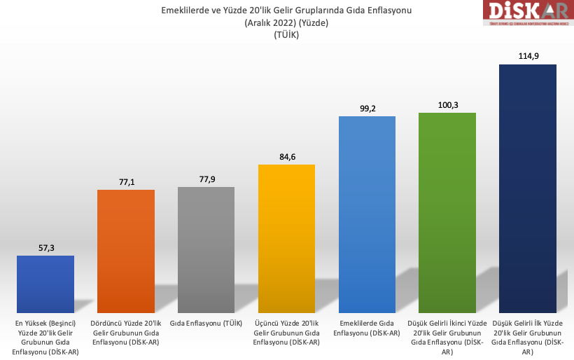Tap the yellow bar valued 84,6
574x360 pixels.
pyautogui.click(x=286, y=238)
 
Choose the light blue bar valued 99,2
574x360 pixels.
pyautogui.click(x=367, y=214)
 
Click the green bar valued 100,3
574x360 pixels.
pyautogui.click(x=447, y=212)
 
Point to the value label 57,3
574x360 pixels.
pyautogui.click(x=45, y=248)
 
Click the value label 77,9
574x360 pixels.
pyautogui.click(x=206, y=179)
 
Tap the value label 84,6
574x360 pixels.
pyautogui.click(x=286, y=157)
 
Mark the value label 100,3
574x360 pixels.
pyautogui.click(x=447, y=105)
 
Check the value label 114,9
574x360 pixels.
pyautogui.click(x=528, y=56)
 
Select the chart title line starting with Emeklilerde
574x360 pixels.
pyautogui.click(x=286, y=10)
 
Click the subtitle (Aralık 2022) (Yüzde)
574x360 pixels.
pyautogui.click(x=286, y=22)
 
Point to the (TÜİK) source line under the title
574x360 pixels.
pyautogui.click(x=286, y=35)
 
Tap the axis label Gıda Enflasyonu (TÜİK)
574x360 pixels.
pyautogui.click(x=206, y=323)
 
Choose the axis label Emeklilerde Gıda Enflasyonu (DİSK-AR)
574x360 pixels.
pyautogui.click(x=367, y=327)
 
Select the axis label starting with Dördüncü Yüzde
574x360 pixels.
pyautogui.click(x=126, y=332)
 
